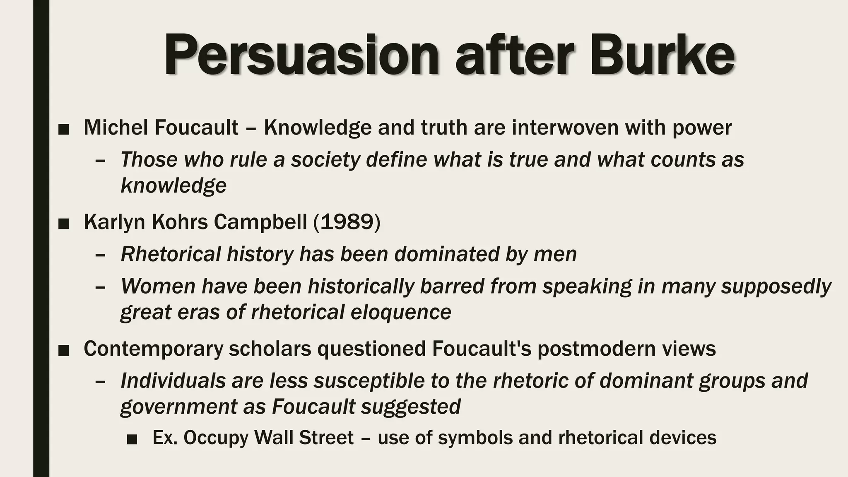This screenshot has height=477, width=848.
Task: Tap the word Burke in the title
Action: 662,55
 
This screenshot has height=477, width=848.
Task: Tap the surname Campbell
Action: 260,222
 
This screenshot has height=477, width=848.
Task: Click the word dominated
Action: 446,254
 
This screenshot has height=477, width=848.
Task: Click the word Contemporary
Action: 153,349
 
